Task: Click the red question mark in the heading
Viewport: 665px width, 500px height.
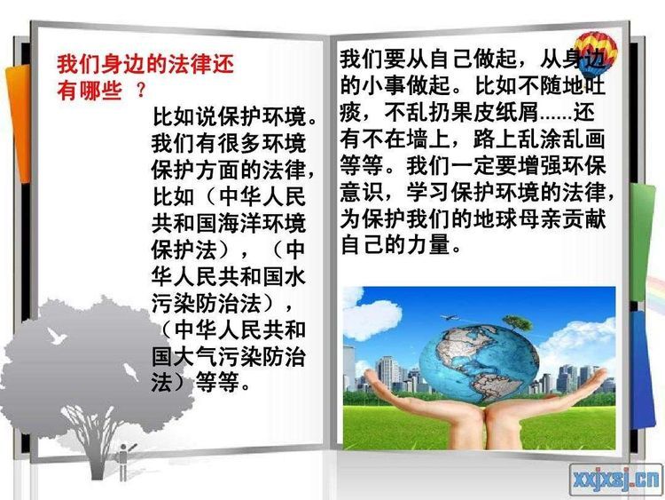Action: [142, 90]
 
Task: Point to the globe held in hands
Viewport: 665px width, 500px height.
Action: [479, 363]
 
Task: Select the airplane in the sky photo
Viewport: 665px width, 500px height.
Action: [449, 317]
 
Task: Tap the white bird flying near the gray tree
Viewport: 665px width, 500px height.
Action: [57, 336]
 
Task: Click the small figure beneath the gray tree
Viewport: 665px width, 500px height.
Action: [123, 461]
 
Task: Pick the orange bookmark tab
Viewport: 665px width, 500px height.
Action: [18, 124]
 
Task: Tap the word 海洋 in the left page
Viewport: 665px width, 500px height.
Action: [239, 223]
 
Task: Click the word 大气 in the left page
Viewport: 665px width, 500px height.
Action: [195, 356]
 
